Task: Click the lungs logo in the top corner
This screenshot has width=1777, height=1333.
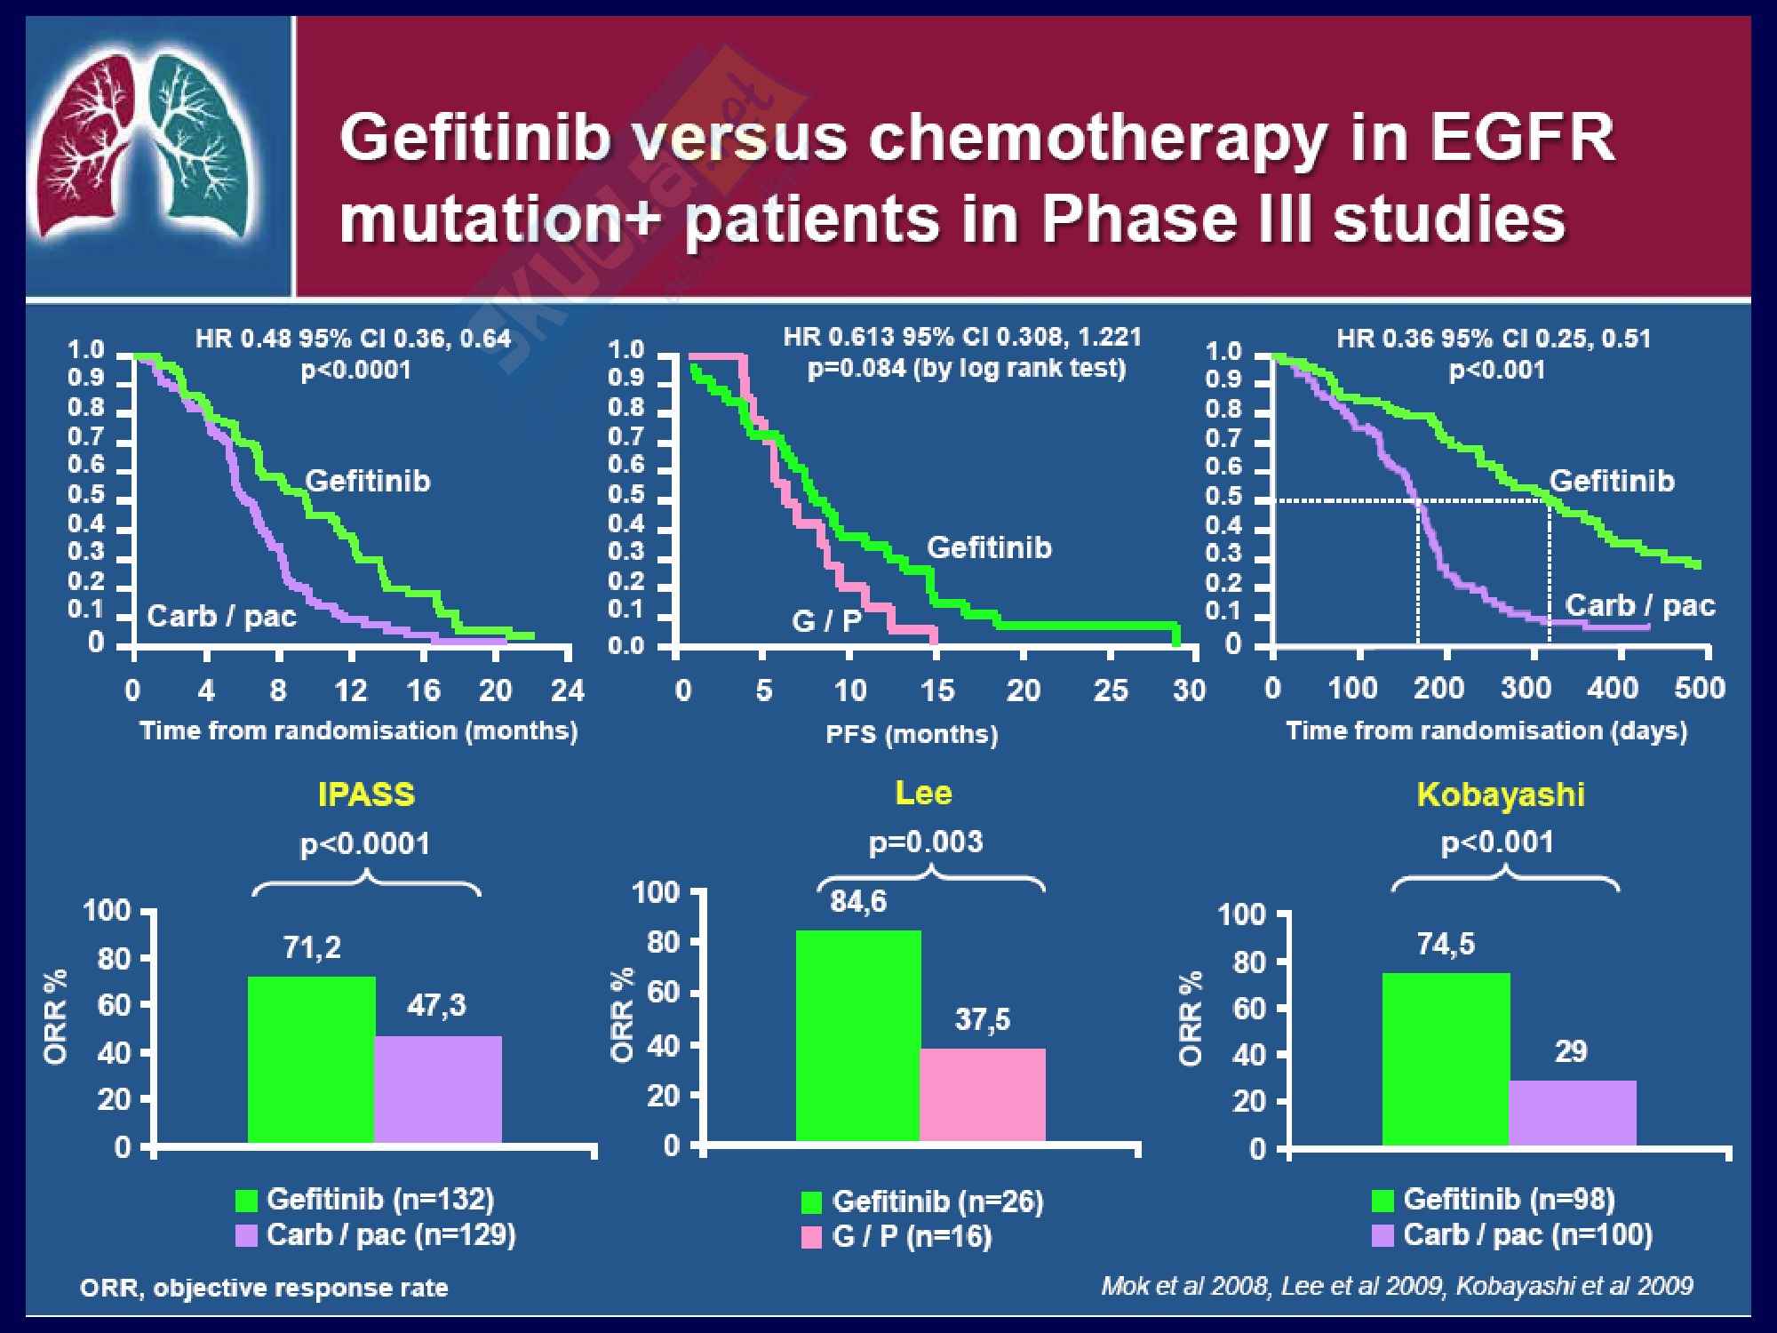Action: pos(147,147)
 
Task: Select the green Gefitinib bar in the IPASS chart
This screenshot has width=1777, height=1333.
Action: pos(311,1059)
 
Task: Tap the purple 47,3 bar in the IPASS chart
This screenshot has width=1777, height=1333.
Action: pos(438,1089)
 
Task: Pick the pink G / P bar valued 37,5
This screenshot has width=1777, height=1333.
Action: pos(983,1095)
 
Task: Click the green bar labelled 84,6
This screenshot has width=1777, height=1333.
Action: pos(858,1035)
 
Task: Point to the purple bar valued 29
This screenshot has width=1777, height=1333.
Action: pos(1573,1113)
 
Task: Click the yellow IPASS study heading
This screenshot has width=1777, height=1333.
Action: pos(366,794)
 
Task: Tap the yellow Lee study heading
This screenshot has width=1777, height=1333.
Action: pos(923,792)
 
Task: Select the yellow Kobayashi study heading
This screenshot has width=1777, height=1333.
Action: pos(1501,794)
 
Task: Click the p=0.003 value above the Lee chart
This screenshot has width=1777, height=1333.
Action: pos(926,842)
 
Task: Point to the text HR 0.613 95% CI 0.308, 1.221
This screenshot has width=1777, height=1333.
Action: pos(962,337)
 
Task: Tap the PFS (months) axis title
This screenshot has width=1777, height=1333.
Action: pos(912,734)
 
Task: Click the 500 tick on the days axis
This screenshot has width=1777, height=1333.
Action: pos(1699,688)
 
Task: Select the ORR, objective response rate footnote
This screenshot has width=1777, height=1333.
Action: pos(264,1288)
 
